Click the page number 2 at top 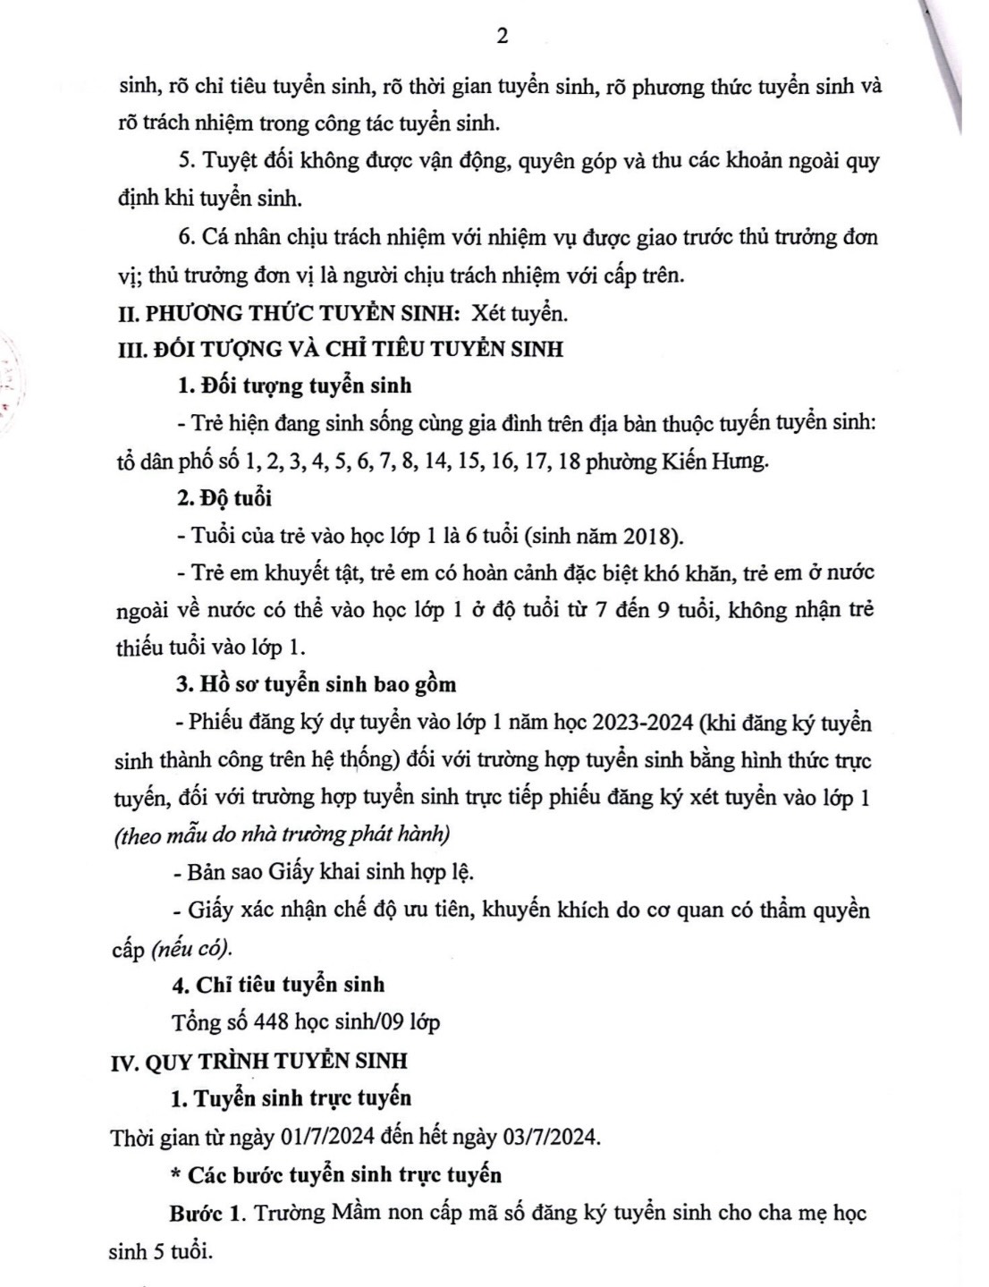501,37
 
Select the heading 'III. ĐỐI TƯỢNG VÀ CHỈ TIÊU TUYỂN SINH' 341,349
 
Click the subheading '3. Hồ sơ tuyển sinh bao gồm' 316,684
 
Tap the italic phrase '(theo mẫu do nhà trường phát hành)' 283,835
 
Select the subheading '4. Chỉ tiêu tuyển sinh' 279,985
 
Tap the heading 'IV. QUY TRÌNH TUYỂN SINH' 258,1061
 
